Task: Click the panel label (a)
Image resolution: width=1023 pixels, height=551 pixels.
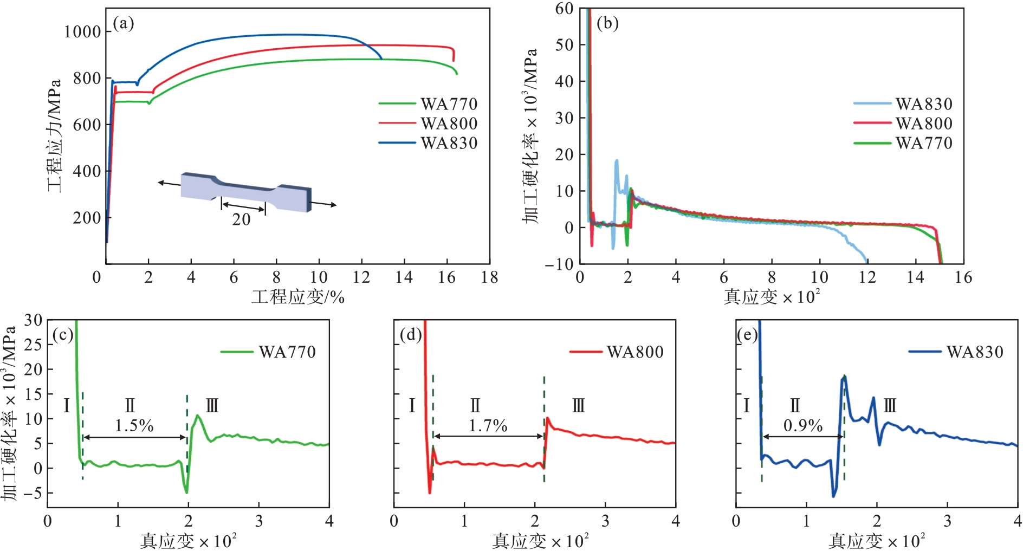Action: (123, 23)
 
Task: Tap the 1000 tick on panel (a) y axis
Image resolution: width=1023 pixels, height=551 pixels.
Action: (82, 32)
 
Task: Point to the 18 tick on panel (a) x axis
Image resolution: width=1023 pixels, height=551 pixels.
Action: (489, 277)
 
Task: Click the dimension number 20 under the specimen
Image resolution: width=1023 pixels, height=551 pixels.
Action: (241, 219)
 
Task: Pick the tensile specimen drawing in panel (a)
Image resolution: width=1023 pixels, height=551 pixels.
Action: (247, 191)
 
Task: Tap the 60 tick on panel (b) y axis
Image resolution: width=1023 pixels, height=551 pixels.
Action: (564, 9)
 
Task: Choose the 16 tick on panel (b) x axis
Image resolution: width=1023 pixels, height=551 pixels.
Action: (963, 277)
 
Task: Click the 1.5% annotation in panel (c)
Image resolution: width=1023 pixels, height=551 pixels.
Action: (134, 426)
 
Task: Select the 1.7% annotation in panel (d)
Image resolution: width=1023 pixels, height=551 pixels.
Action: (488, 426)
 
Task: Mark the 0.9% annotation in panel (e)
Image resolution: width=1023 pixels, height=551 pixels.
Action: (802, 426)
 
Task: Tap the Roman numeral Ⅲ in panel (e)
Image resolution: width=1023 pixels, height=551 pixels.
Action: (890, 405)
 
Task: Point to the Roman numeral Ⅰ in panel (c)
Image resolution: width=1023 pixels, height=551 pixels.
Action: (67, 405)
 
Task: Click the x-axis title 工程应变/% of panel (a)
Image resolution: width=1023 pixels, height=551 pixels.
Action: (297, 297)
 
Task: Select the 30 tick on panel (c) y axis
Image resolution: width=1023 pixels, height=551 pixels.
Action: (33, 320)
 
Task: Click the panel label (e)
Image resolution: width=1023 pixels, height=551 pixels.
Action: (747, 335)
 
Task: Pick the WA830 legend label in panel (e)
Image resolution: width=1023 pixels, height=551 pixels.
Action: (975, 352)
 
